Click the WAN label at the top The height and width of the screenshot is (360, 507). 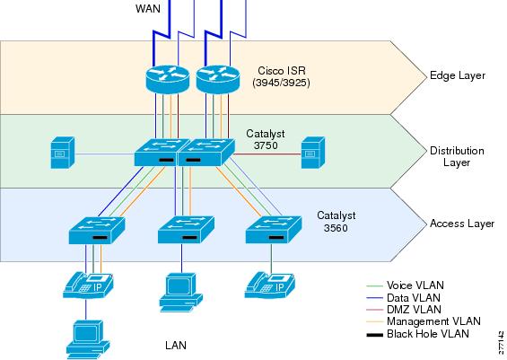[148, 8]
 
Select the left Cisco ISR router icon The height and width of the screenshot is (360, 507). [167, 79]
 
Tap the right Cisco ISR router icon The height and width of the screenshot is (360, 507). [218, 79]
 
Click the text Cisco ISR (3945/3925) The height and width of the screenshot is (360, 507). [281, 76]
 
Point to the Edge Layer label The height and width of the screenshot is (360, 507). [458, 75]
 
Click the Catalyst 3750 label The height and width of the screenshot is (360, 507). [266, 139]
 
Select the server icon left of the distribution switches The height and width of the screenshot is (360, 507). [63, 153]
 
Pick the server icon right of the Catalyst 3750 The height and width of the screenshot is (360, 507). [313, 153]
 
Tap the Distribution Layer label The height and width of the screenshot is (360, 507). [457, 156]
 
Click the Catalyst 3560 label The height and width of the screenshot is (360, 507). [337, 222]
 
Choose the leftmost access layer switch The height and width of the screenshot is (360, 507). [97, 231]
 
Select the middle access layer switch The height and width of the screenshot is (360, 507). [186, 230]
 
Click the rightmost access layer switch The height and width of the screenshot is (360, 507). [274, 230]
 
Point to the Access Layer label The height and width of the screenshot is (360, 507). [462, 224]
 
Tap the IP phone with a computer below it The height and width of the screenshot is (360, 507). [88, 285]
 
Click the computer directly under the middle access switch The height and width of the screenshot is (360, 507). [180, 293]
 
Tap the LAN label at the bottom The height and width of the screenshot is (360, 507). [176, 346]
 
